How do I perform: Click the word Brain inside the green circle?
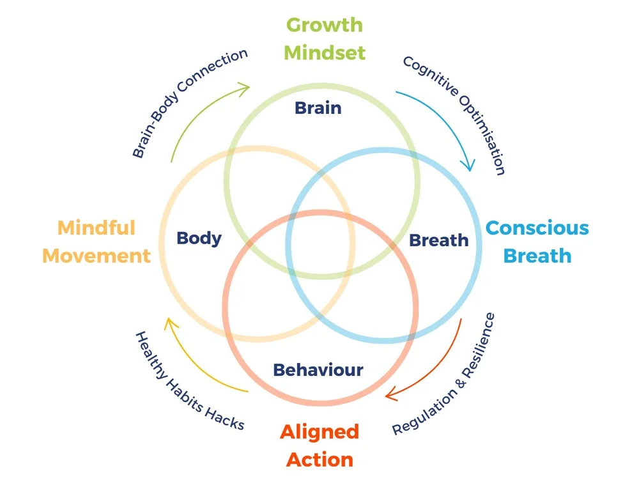point(318,108)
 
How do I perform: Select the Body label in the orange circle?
point(199,238)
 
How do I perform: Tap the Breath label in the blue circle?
point(438,240)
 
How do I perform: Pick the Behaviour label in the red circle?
point(318,369)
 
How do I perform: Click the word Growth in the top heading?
point(324,25)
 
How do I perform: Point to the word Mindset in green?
point(325,52)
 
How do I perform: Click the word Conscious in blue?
point(537,228)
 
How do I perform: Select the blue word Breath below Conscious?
point(537,256)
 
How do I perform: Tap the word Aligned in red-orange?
point(319,431)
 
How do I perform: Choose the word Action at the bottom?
point(319,459)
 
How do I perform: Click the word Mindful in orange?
point(96,228)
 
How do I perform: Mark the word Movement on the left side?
point(96,256)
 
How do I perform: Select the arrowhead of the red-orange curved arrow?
point(390,394)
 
